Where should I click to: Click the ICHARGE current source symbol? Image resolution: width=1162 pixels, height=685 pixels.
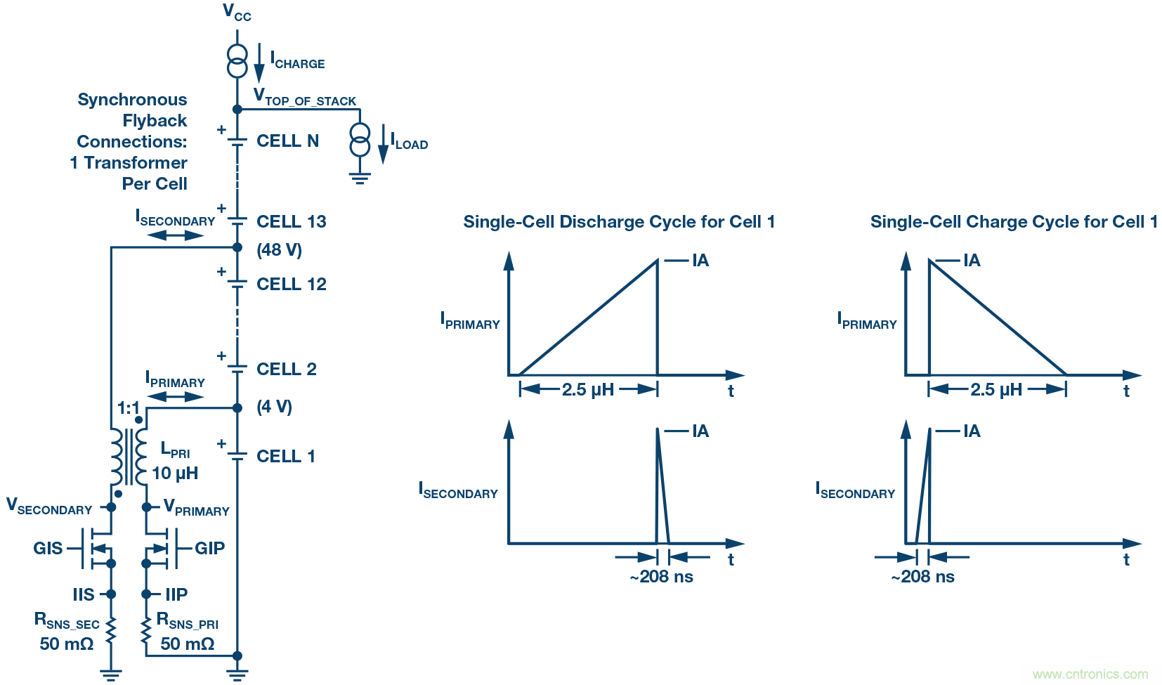pyautogui.click(x=237, y=61)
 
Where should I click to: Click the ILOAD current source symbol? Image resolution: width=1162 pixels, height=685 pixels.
pyautogui.click(x=360, y=140)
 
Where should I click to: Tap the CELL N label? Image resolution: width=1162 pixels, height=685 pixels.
pyautogui.click(x=287, y=141)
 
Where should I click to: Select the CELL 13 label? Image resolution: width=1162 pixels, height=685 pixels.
pyautogui.click(x=291, y=222)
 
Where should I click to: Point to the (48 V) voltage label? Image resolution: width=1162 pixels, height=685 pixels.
pyautogui.click(x=279, y=250)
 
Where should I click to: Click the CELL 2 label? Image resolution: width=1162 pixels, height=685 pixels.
pyautogui.click(x=286, y=370)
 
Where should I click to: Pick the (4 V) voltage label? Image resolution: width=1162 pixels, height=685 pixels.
pyautogui.click(x=274, y=407)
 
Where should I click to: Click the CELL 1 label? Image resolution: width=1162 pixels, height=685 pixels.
pyautogui.click(x=285, y=457)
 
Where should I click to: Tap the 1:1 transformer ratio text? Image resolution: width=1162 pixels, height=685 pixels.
pyautogui.click(x=128, y=408)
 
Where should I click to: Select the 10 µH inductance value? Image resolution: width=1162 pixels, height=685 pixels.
pyautogui.click(x=175, y=474)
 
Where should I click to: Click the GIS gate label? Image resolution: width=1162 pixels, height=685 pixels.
pyautogui.click(x=48, y=549)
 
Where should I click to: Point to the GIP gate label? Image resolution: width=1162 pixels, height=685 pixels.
pyautogui.click(x=209, y=549)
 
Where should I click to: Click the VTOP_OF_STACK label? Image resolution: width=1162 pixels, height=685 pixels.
pyautogui.click(x=305, y=98)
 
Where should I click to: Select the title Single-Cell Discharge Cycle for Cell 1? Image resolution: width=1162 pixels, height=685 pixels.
pyautogui.click(x=619, y=222)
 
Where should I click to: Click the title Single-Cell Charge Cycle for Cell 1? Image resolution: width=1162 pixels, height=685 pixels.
pyautogui.click(x=1014, y=222)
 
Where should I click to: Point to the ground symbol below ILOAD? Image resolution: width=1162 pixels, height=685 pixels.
pyautogui.click(x=360, y=176)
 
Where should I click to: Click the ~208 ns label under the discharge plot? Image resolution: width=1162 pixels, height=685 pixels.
pyautogui.click(x=661, y=577)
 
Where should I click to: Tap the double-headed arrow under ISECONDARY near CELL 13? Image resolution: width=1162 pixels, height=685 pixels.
pyautogui.click(x=175, y=235)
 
